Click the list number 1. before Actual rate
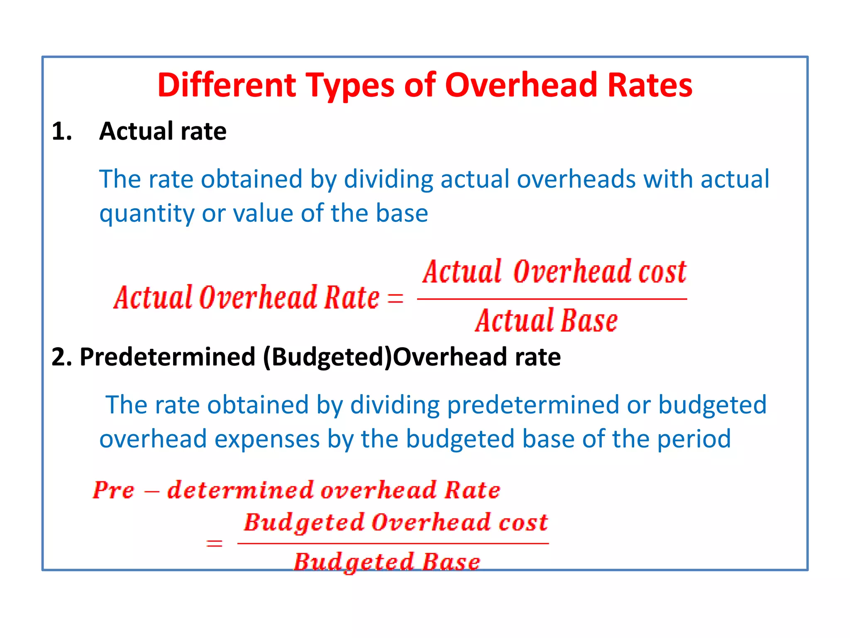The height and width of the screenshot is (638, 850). click(x=62, y=132)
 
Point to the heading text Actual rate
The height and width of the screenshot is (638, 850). click(x=163, y=131)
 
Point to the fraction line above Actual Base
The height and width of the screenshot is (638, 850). click(x=552, y=299)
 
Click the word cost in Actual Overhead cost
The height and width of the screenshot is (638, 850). click(x=662, y=272)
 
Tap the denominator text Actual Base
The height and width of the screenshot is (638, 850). click(x=546, y=321)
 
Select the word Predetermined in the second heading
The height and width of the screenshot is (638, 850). click(x=167, y=357)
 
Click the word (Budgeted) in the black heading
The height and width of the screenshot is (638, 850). click(x=328, y=357)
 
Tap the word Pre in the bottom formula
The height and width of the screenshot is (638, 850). click(x=113, y=490)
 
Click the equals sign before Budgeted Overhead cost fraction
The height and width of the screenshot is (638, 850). click(x=214, y=543)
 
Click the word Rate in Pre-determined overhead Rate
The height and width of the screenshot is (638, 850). click(x=472, y=490)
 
